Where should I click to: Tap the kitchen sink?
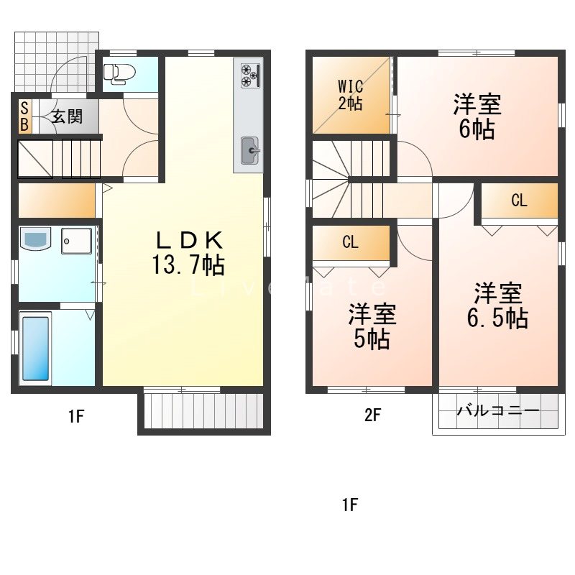click(x=250, y=150)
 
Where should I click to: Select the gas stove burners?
click(x=250, y=76)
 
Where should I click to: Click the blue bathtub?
click(x=35, y=349)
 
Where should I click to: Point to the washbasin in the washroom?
click(x=35, y=239)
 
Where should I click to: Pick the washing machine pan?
click(x=77, y=241)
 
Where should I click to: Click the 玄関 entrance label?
click(x=67, y=116)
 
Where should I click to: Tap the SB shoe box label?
click(x=24, y=116)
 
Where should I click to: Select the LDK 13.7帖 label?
click(x=188, y=253)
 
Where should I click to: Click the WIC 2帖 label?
click(x=350, y=95)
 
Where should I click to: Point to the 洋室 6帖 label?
click(x=477, y=116)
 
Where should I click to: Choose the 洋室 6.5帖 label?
click(x=497, y=305)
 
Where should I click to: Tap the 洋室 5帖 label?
click(x=372, y=326)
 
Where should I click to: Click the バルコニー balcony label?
click(x=498, y=410)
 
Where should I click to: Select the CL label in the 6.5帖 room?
click(x=519, y=201)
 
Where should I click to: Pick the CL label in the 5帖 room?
click(x=350, y=242)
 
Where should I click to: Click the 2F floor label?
click(x=372, y=415)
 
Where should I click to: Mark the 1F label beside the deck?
click(x=76, y=417)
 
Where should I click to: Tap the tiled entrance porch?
click(x=56, y=62)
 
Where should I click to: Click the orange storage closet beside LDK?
click(x=57, y=201)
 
